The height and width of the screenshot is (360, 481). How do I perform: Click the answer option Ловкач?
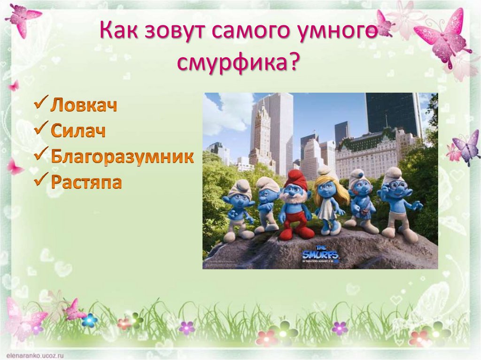coord(84,105)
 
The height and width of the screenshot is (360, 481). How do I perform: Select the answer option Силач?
coord(78,130)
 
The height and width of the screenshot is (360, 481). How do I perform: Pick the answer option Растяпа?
coord(86,182)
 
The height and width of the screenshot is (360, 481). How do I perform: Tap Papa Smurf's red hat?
coord(295,179)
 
